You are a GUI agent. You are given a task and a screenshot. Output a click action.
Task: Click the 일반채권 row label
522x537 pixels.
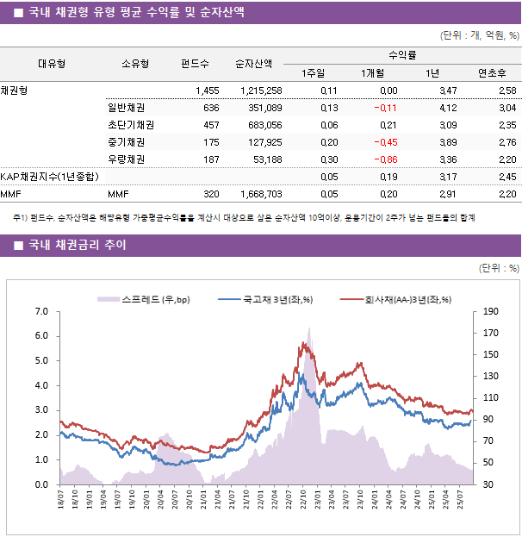click(126, 108)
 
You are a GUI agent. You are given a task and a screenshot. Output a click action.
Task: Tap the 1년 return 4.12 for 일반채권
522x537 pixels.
click(447, 108)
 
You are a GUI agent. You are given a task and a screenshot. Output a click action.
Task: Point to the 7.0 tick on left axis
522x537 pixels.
click(40, 311)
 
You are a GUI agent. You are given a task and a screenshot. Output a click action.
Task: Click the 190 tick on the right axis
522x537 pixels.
click(491, 311)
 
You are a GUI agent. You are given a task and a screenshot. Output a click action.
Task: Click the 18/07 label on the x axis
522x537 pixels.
click(61, 500)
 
